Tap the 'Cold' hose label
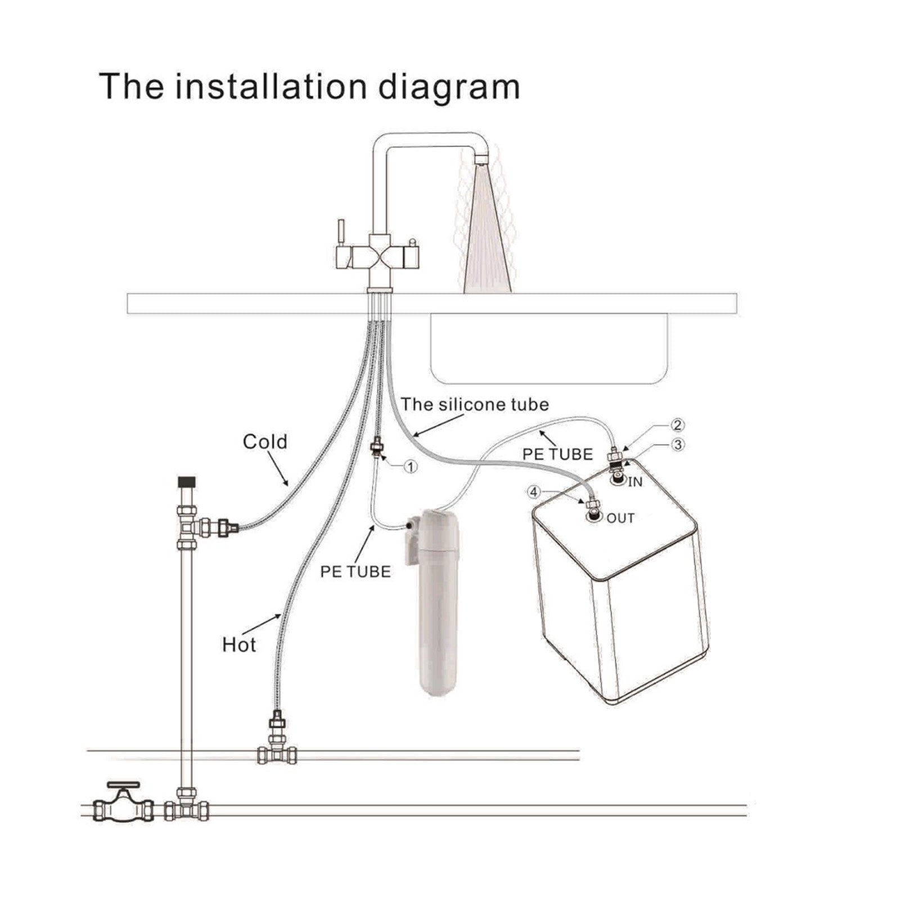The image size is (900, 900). (x=265, y=442)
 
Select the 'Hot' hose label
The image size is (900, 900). (x=239, y=645)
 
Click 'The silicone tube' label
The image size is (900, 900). (x=475, y=404)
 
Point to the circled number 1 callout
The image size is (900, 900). (x=411, y=466)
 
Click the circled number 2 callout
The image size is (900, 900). (x=678, y=425)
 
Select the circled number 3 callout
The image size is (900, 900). (x=678, y=444)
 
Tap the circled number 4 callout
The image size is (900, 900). (x=533, y=492)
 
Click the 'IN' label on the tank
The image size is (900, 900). (x=635, y=482)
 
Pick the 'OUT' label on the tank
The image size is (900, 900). (x=620, y=518)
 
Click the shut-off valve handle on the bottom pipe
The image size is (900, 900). (x=123, y=786)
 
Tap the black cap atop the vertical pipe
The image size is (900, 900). (x=186, y=482)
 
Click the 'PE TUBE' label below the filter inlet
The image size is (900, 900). (x=355, y=572)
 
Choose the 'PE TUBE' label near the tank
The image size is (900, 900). (x=558, y=454)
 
